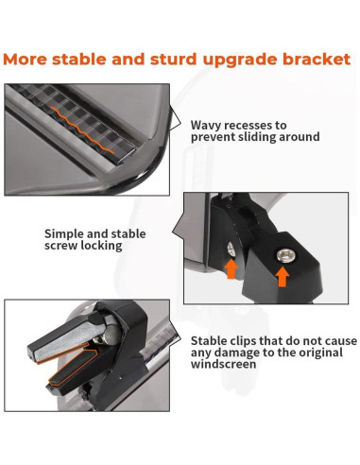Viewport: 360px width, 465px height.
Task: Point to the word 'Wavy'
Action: [206, 124]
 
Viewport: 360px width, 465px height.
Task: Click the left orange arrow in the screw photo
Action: [231, 268]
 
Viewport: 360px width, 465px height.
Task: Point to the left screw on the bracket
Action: [231, 249]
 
